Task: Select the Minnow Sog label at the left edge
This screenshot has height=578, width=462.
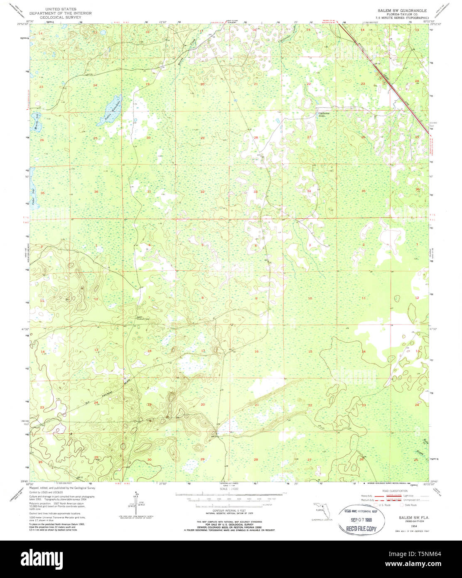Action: point(36,122)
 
